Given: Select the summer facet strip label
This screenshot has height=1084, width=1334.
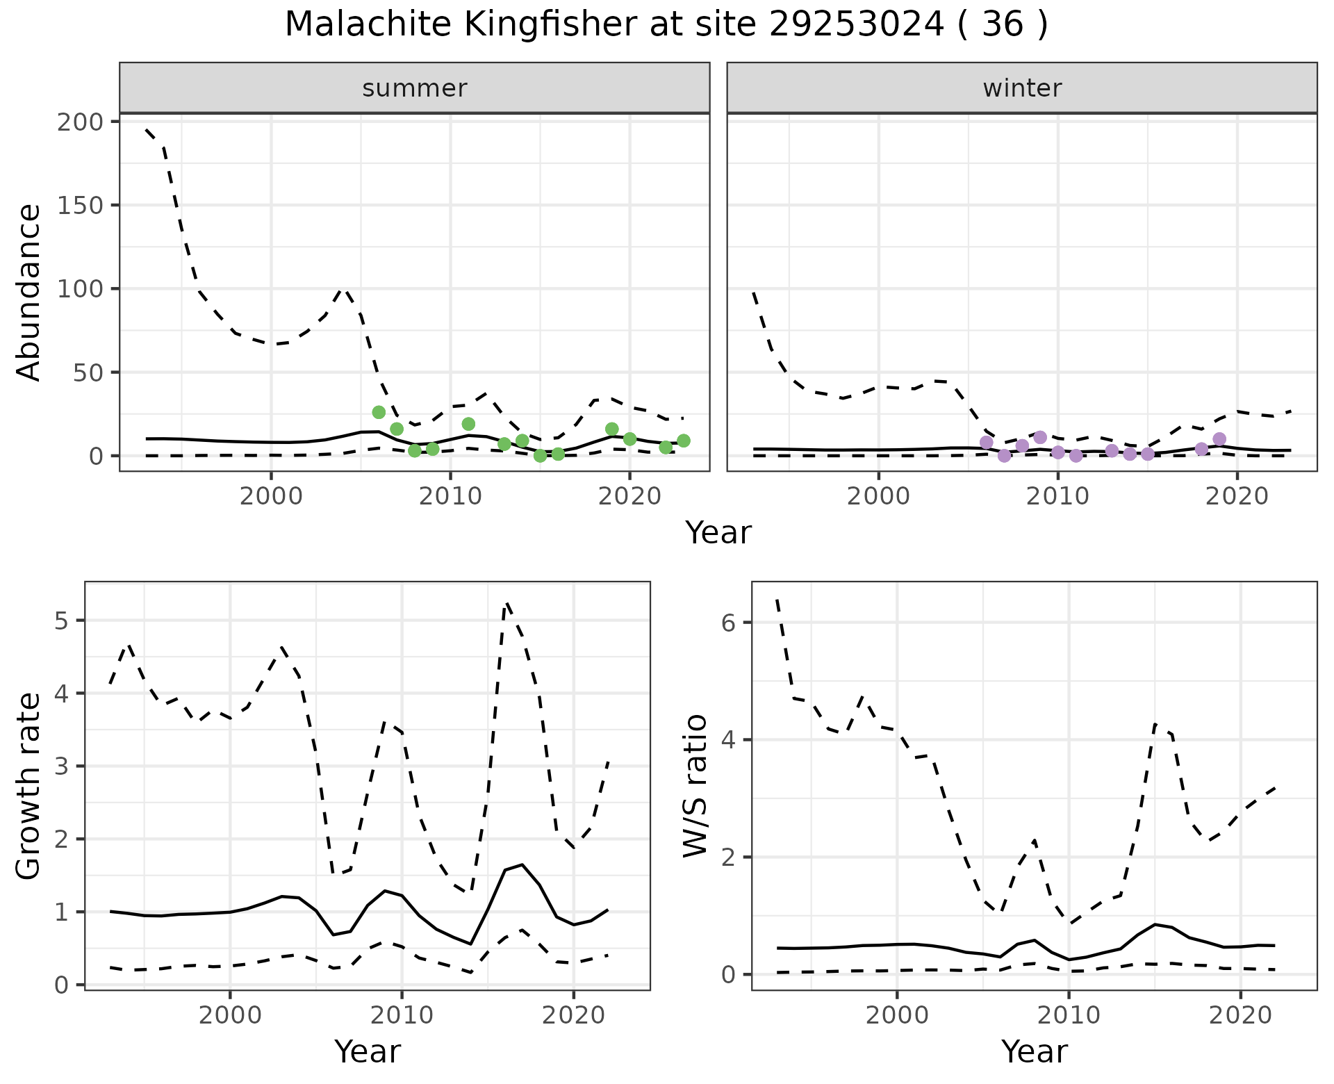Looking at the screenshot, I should tap(415, 88).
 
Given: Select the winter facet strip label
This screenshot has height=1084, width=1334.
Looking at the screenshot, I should tap(1022, 88).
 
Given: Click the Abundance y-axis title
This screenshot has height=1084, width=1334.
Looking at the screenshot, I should tap(29, 292).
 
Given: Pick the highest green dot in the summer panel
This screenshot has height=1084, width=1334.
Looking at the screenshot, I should tap(379, 412).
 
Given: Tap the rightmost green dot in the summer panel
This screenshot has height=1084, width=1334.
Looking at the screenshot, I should tap(684, 441).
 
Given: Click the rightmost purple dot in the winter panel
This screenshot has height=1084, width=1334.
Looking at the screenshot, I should tap(1219, 438).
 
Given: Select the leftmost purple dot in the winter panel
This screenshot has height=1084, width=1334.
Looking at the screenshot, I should tap(986, 442).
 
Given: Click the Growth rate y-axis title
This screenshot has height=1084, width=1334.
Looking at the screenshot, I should tap(29, 785).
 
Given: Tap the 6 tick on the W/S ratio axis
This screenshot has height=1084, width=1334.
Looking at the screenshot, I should tap(728, 623).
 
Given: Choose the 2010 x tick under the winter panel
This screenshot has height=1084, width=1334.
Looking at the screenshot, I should tap(1057, 498).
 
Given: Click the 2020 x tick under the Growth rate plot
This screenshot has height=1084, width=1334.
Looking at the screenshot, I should tap(573, 1016).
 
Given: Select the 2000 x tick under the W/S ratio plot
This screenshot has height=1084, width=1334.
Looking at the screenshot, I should tap(897, 1016).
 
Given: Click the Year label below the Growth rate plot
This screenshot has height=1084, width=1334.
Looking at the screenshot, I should tap(368, 1052).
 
